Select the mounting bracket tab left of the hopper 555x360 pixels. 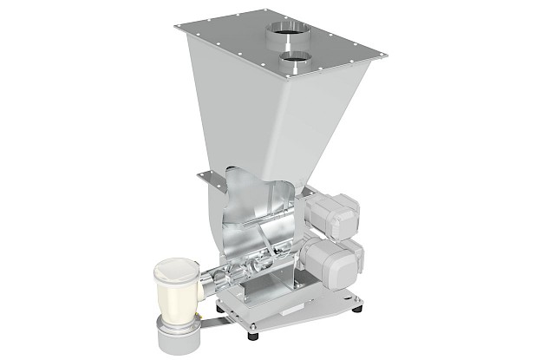(x=207, y=177)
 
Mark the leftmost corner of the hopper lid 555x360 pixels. (x=175, y=28)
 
